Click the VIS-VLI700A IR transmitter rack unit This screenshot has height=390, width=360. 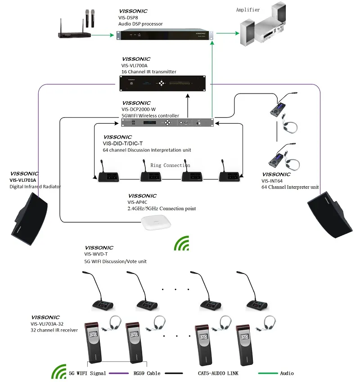coord(166,83)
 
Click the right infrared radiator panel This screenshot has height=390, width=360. coord(331,214)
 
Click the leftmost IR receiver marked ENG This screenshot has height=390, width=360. coord(94,343)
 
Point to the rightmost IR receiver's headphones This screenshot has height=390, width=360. coord(269,322)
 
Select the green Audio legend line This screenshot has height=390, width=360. coord(268,373)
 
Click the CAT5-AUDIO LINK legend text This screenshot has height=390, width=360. coord(218,373)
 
